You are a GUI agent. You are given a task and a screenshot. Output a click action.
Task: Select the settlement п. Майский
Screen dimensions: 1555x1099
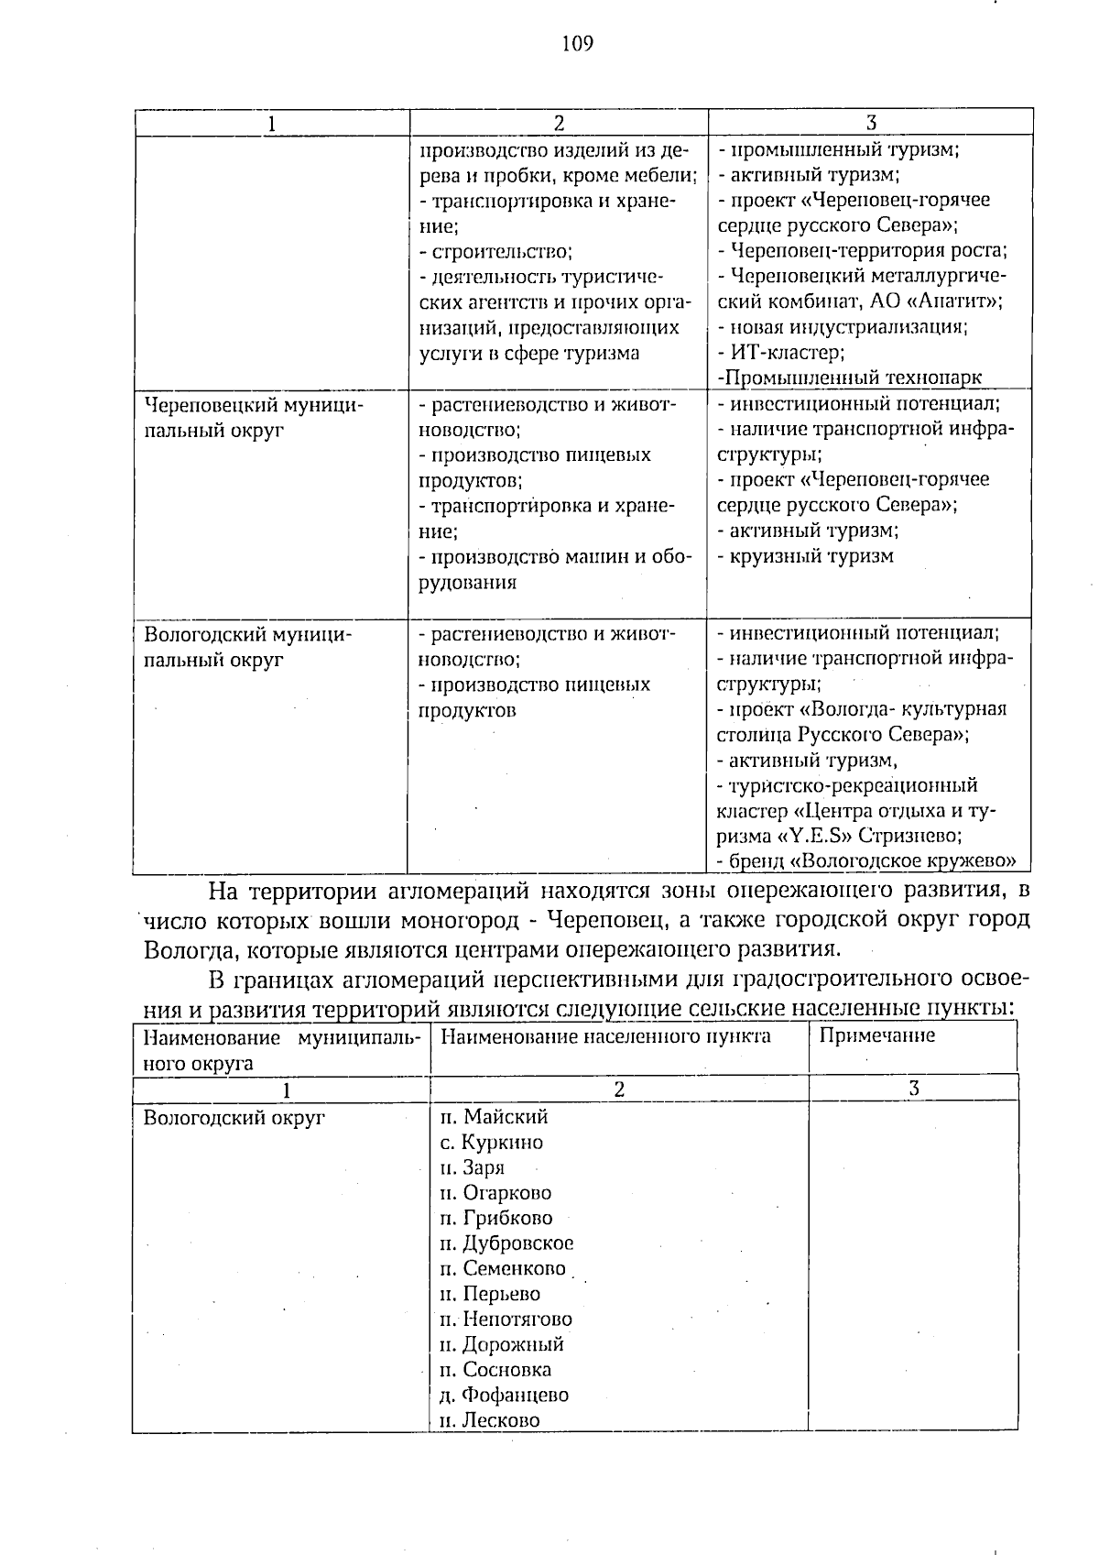pos(494,1117)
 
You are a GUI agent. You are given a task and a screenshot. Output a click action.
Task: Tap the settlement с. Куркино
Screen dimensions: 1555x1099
pos(491,1143)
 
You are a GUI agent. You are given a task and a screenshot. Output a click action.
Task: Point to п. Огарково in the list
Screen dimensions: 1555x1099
pos(495,1193)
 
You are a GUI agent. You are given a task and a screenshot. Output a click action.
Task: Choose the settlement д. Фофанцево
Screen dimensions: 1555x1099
pos(504,1396)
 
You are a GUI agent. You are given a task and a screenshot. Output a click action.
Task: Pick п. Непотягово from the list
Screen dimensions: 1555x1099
pos(506,1320)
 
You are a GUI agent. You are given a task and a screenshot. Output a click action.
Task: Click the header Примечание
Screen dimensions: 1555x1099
pos(876,1035)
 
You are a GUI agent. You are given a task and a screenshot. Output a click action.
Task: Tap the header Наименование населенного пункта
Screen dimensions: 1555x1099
pos(605,1036)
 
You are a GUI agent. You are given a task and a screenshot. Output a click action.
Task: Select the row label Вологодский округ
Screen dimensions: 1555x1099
pos(234,1118)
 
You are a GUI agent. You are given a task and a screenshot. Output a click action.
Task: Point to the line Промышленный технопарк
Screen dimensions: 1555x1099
pos(850,378)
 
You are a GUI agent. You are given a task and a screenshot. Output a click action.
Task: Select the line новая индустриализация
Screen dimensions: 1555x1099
pos(843,326)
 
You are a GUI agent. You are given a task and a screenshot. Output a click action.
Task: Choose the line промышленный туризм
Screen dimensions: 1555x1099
pos(838,149)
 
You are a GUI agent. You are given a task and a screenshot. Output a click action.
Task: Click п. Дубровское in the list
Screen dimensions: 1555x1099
pos(506,1243)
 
